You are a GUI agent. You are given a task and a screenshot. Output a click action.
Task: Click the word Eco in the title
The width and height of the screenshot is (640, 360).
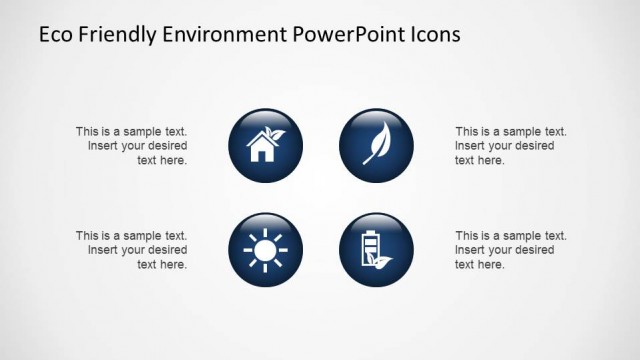[x=54, y=35]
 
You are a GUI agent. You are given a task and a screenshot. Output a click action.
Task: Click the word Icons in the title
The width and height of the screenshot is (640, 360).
[x=434, y=35]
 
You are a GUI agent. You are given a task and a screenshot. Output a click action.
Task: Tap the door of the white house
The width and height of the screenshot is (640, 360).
[x=262, y=155]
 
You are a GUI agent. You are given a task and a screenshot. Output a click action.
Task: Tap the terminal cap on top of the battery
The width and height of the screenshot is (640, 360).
[x=370, y=231]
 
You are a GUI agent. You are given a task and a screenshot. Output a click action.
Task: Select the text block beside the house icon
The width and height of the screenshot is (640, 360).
[x=131, y=146]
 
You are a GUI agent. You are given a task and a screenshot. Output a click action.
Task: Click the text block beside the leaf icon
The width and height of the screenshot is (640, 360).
[x=510, y=146]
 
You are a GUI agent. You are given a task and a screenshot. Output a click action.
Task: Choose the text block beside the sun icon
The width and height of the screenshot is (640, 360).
[x=131, y=251]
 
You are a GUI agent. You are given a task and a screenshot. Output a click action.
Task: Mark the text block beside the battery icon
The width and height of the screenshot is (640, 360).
[x=510, y=251]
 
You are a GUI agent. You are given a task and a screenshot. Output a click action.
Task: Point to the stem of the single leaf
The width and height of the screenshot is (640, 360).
[x=365, y=159]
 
